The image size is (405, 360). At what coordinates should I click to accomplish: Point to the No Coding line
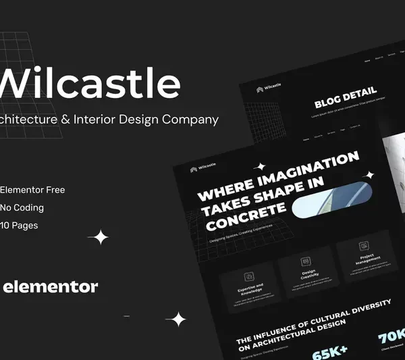22,207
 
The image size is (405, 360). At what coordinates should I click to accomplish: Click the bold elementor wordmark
51,287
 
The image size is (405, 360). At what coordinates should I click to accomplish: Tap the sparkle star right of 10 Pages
100,237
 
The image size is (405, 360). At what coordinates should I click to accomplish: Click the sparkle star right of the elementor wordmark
177,319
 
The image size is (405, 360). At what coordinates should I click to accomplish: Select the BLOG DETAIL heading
345,99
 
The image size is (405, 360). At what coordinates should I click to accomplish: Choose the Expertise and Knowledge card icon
248,276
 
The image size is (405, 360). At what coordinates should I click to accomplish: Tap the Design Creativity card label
308,274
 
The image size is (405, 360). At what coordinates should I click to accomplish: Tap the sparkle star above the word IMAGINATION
259,165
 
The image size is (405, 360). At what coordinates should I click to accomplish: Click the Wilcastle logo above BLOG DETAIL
269,86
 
